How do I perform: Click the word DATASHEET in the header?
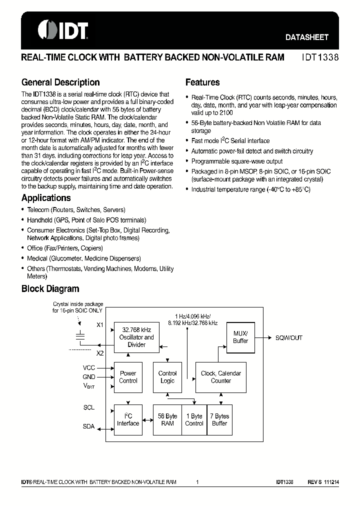coord(306,37)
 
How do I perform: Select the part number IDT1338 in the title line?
coord(320,57)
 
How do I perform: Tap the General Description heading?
coord(60,82)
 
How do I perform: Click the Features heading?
coord(202,82)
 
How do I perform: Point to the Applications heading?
coord(46,198)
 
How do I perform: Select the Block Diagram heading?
coord(50,288)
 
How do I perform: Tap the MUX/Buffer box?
coord(240,337)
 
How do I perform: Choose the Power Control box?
coord(128,377)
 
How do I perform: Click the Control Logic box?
coord(167,377)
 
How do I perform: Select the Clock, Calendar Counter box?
coord(220,377)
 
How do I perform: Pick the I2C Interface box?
coord(128,419)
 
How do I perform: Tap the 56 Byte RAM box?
coord(167,419)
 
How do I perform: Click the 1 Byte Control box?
coord(194,419)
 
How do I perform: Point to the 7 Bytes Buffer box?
coord(219,419)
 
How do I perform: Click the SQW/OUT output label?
coord(289,337)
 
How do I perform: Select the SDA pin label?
coord(88,426)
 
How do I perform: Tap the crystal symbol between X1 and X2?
coord(79,336)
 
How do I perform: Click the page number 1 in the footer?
coord(198,482)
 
